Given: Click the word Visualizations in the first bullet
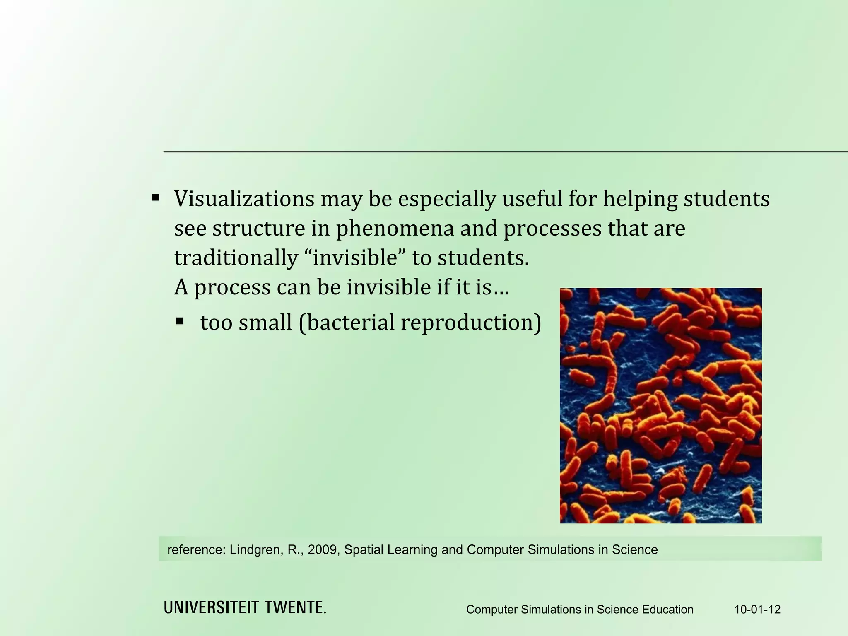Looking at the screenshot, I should click(x=244, y=199).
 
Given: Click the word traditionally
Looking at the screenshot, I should click(x=236, y=258).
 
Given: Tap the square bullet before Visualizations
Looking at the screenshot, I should click(x=156, y=197).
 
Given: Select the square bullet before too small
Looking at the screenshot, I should click(x=179, y=321).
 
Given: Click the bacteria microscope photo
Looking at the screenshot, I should click(x=660, y=405).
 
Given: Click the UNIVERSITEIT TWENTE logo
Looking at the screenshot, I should click(x=245, y=608).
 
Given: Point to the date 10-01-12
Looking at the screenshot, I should click(x=757, y=609).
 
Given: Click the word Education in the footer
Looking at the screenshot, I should click(x=667, y=609).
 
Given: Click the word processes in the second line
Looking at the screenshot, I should click(x=552, y=229).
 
